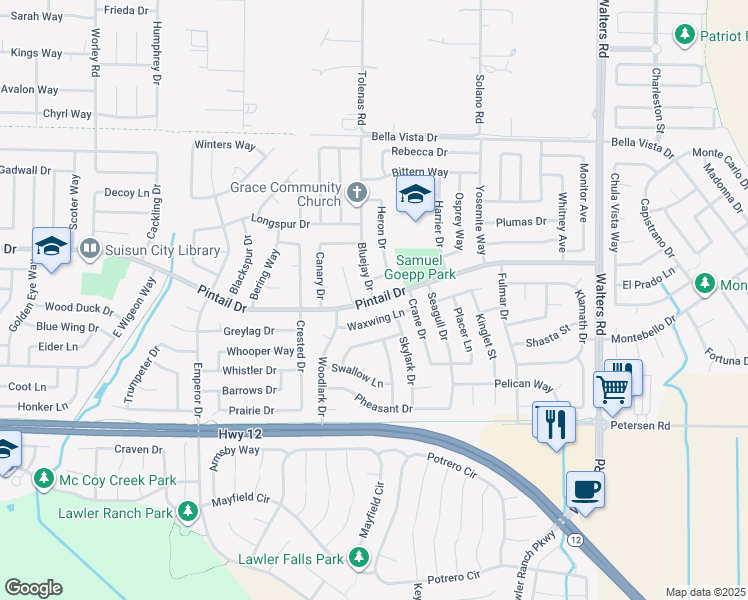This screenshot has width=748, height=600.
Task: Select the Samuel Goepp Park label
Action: [425, 266]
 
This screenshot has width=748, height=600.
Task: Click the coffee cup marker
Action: [586, 490]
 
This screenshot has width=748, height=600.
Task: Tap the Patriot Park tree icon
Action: [685, 35]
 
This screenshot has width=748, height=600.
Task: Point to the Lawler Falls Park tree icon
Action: [359, 558]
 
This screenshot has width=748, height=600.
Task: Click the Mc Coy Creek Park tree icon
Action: [44, 480]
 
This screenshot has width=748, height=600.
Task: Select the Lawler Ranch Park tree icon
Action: [187, 513]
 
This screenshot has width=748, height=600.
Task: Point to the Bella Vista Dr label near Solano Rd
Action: [404, 137]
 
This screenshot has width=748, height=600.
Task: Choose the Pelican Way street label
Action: [523, 385]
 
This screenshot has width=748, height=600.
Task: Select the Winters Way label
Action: [225, 145]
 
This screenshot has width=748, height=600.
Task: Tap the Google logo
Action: [33, 588]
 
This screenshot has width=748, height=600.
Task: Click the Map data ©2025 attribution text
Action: [705, 592]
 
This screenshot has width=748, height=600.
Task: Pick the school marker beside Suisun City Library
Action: [51, 246]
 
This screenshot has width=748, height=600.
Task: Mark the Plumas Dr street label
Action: [521, 221]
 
